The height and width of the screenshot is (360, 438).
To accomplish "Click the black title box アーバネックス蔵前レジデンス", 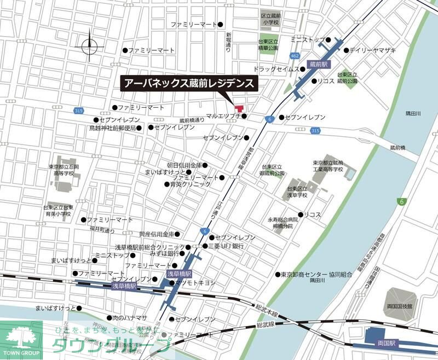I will (x=189, y=83).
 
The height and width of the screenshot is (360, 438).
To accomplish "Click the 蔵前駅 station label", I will (x=318, y=64).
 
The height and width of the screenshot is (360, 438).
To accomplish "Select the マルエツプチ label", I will (x=223, y=117).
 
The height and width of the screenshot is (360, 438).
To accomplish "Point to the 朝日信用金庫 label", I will (x=185, y=165).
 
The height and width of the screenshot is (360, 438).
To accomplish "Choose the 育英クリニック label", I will (x=190, y=184).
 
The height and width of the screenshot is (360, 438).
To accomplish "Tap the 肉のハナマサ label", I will (x=130, y=318).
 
